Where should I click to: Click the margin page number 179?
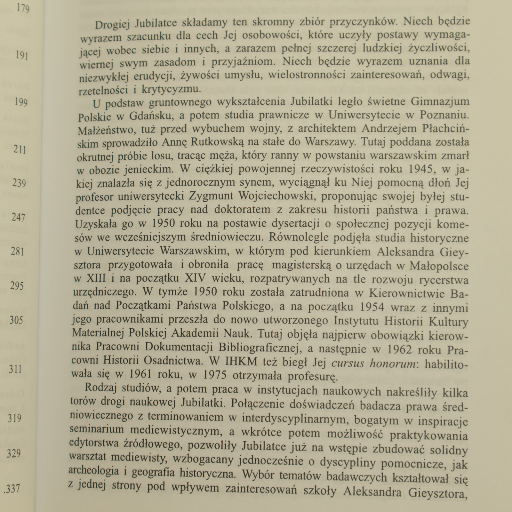click(x=23, y=8)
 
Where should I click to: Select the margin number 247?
click(x=18, y=217)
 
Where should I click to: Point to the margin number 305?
click(x=16, y=320)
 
